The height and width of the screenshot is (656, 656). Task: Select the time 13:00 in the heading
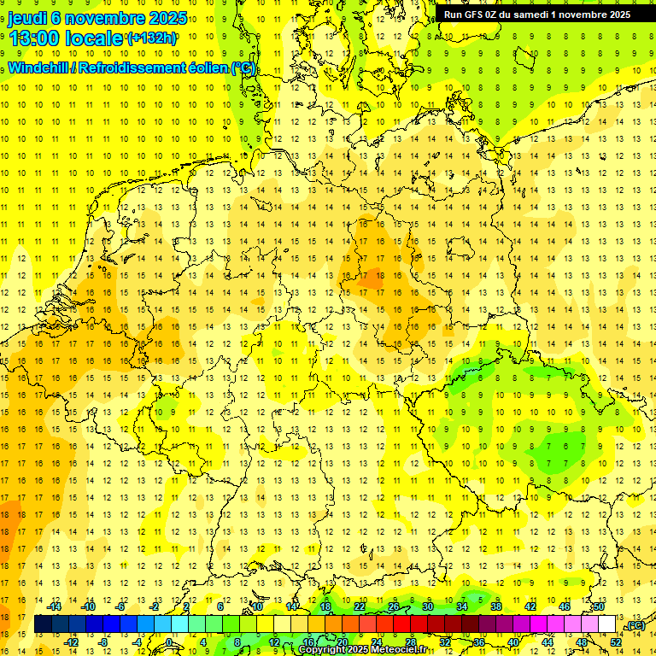click(x=34, y=38)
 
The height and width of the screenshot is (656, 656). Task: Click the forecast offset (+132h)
click(x=152, y=38)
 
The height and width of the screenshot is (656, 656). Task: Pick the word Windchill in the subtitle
click(x=38, y=68)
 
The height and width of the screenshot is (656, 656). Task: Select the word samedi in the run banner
click(x=534, y=14)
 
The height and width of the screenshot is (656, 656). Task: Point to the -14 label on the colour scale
click(x=56, y=606)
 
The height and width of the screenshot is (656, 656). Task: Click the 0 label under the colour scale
click(x=169, y=642)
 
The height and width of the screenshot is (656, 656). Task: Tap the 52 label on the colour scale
click(x=616, y=642)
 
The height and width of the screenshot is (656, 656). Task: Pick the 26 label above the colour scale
click(x=394, y=606)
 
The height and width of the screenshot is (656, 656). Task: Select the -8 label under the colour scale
click(x=102, y=642)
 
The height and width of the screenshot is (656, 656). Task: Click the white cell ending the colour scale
click(x=607, y=624)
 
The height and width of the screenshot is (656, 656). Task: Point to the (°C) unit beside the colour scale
click(x=635, y=625)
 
